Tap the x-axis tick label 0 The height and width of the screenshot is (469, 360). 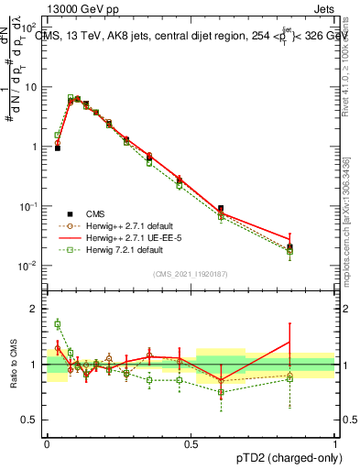coord(46,442)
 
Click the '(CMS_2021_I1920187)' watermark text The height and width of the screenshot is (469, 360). coord(190,273)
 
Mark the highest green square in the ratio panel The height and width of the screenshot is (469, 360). coord(57,323)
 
